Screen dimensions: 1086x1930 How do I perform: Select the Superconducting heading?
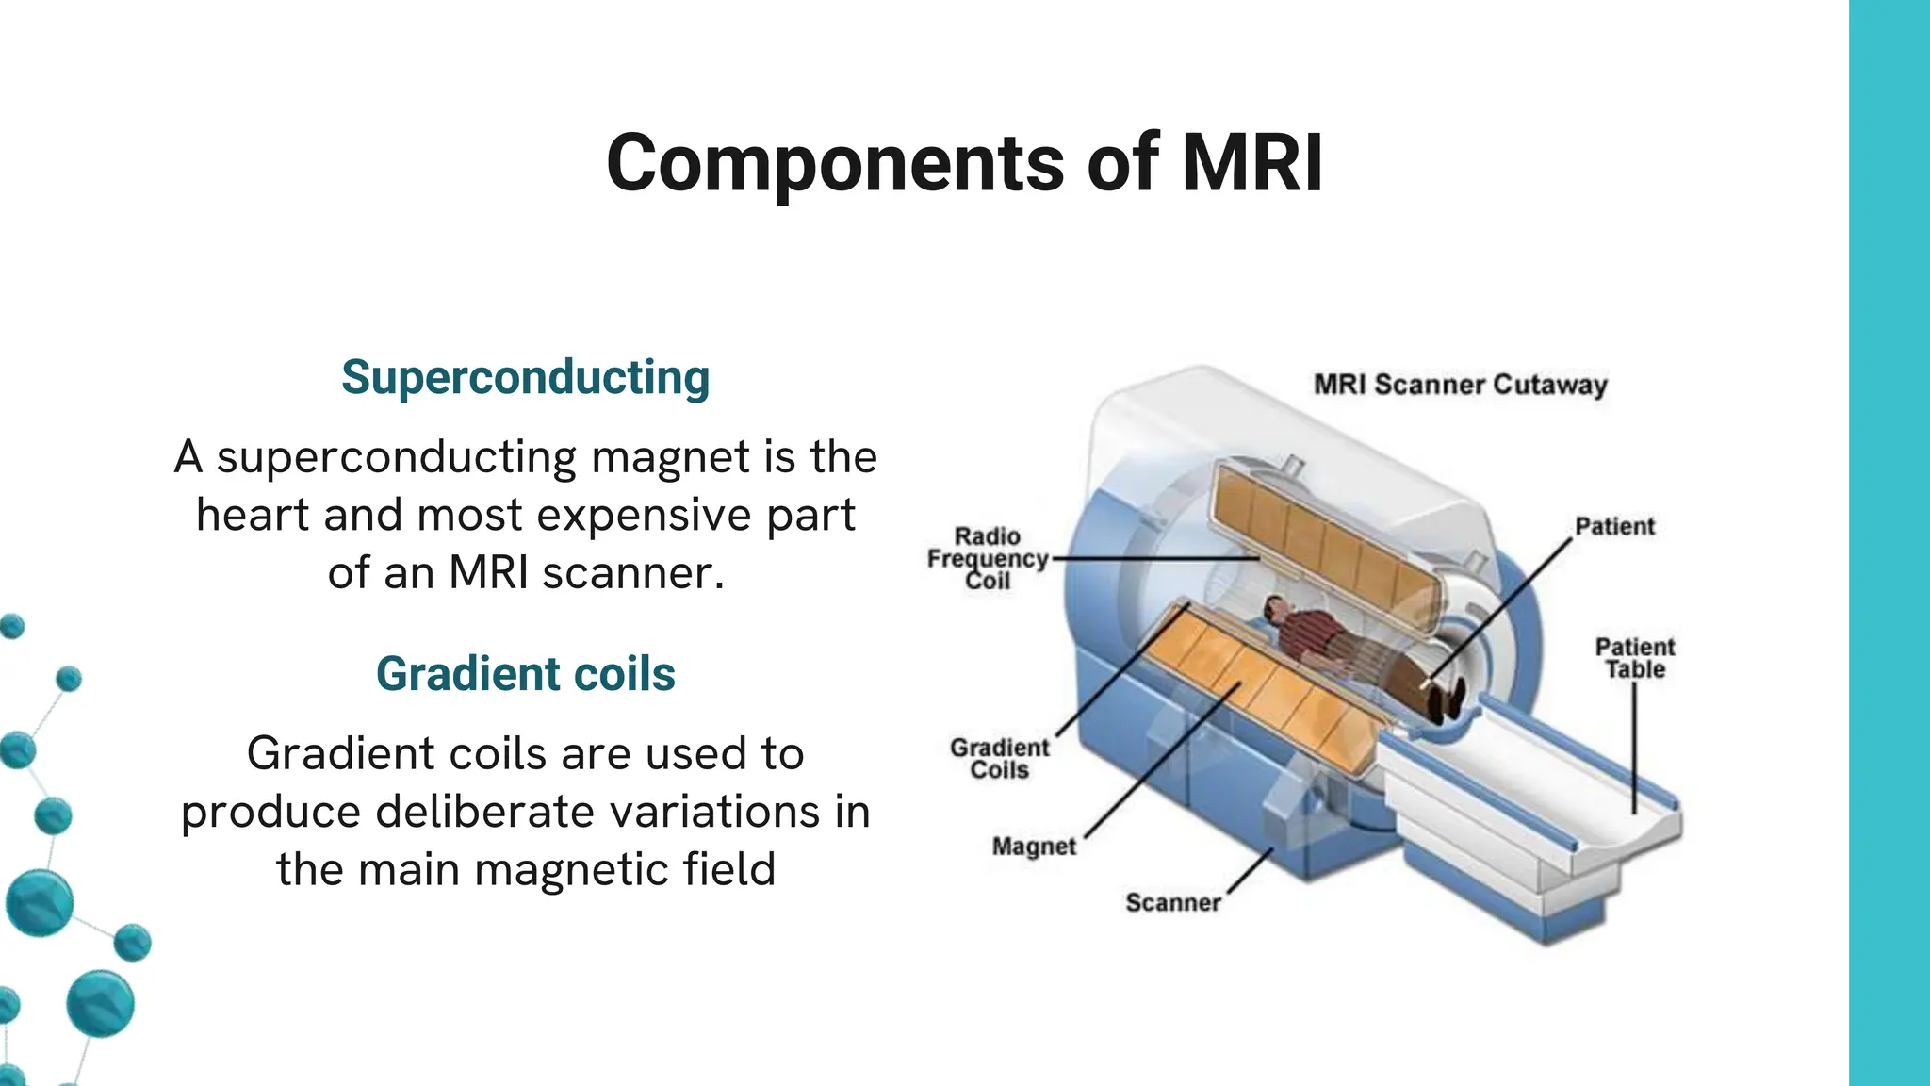click(x=525, y=377)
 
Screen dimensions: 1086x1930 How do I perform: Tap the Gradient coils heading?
click(x=525, y=674)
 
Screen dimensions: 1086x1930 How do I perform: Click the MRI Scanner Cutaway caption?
click(x=1460, y=385)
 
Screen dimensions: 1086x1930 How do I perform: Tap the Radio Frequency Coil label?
click(x=987, y=558)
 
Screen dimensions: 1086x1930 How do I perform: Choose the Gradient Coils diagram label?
click(x=999, y=759)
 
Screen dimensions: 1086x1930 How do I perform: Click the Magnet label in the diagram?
click(x=1033, y=847)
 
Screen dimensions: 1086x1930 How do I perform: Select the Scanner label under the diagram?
click(x=1172, y=902)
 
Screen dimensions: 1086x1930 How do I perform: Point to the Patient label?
click(x=1613, y=526)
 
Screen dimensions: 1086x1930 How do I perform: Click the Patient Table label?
click(x=1635, y=658)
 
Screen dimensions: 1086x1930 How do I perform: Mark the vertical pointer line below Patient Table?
click(x=1635, y=745)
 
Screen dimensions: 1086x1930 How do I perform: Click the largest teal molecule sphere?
click(x=40, y=902)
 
